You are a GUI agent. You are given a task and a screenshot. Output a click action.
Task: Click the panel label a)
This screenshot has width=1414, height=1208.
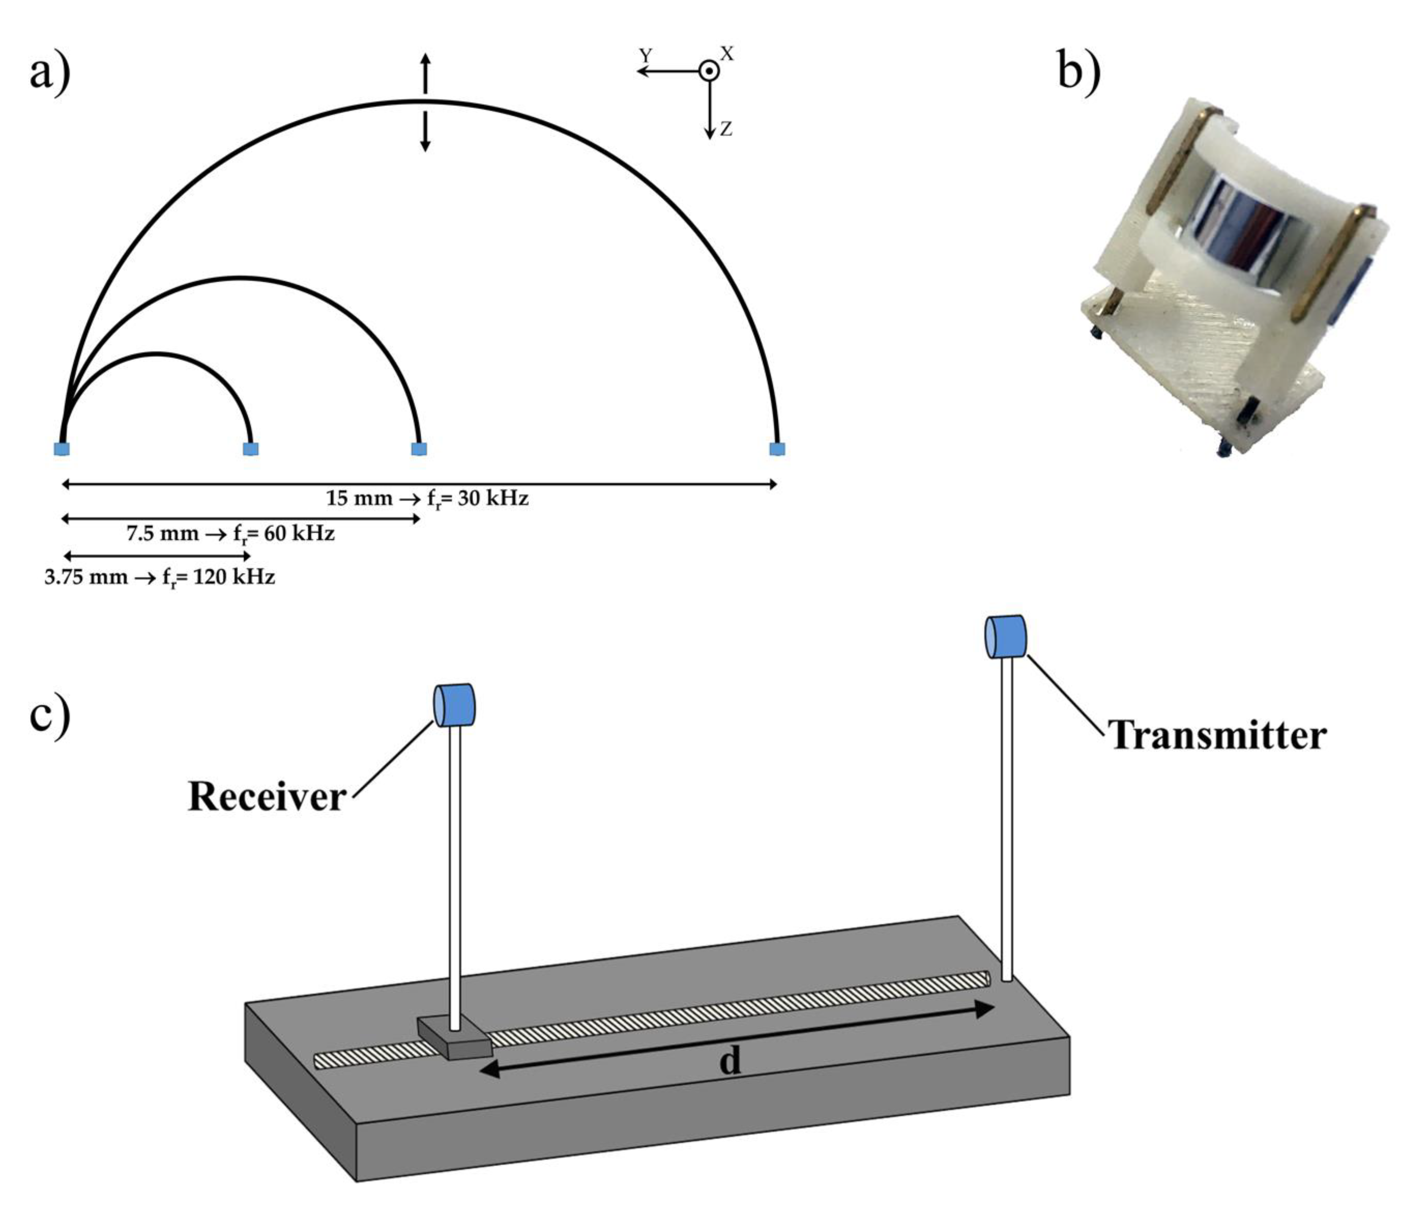(x=50, y=72)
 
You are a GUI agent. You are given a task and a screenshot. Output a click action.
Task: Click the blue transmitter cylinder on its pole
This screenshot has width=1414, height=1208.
(x=1006, y=636)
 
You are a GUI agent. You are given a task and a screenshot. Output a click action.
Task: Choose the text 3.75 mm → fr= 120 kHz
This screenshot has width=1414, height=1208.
(x=160, y=577)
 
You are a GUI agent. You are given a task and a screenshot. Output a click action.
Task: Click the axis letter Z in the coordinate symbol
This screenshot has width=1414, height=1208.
(x=726, y=128)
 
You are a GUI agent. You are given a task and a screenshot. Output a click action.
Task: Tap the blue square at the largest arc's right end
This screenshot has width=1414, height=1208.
(x=777, y=448)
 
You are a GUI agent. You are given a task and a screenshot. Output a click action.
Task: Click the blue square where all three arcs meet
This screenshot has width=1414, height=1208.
(x=62, y=448)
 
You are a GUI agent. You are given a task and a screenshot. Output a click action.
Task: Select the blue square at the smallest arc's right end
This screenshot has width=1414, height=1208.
(x=250, y=448)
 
